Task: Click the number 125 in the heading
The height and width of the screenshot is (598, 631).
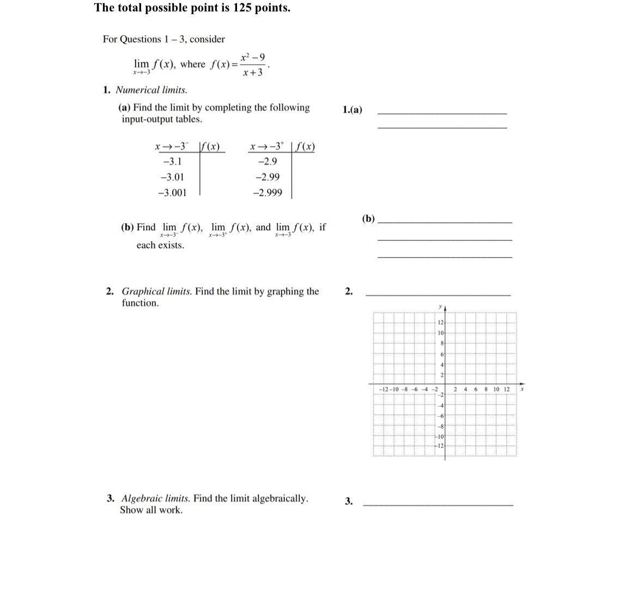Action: tap(242, 8)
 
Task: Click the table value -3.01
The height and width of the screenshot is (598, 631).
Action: tap(172, 177)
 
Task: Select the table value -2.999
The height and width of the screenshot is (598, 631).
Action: tap(268, 193)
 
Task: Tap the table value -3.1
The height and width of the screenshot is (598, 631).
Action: tap(172, 162)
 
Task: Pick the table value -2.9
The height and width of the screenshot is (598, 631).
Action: tap(268, 162)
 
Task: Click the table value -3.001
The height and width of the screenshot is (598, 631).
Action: tap(172, 193)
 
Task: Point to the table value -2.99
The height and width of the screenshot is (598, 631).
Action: tap(268, 177)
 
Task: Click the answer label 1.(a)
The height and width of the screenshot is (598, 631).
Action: tap(352, 110)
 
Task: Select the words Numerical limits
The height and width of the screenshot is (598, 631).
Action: tap(151, 90)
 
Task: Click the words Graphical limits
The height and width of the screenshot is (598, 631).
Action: tap(156, 291)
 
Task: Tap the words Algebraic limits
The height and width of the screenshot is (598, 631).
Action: tap(155, 498)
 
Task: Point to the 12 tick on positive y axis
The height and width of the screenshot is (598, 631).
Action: tap(441, 322)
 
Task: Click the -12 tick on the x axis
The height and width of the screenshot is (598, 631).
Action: tap(383, 389)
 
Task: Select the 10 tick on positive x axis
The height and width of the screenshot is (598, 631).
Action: tap(496, 389)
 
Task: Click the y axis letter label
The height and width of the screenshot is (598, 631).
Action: tap(440, 307)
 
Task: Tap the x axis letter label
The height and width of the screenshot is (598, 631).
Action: tap(522, 389)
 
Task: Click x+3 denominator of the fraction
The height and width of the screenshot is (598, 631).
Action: tap(253, 72)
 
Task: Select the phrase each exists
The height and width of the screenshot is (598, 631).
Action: tap(160, 245)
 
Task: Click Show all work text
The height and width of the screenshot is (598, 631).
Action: tap(151, 510)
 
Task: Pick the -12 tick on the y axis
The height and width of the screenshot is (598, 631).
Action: tap(440, 446)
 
